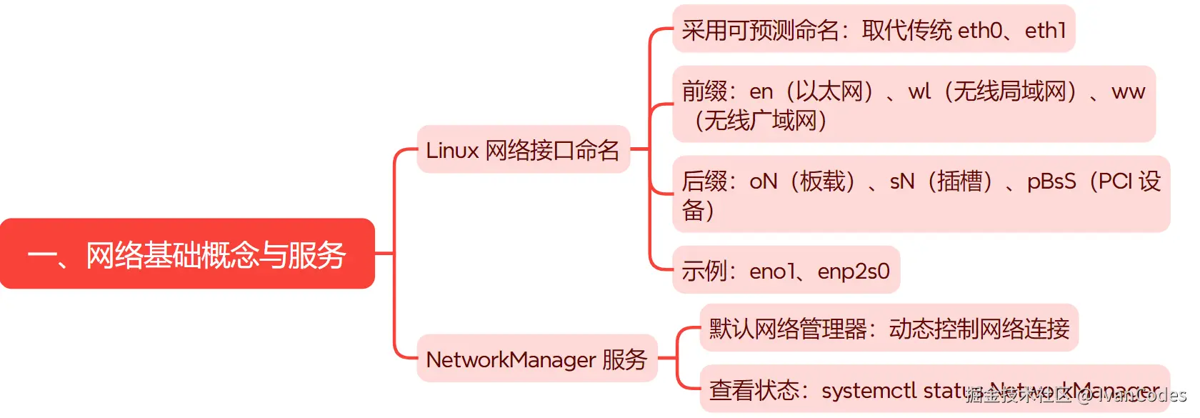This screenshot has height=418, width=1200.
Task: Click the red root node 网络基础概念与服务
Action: click(187, 254)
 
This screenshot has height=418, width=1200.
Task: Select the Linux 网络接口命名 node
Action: click(523, 150)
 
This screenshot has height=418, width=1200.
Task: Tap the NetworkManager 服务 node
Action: click(536, 359)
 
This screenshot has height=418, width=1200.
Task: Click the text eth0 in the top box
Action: click(979, 30)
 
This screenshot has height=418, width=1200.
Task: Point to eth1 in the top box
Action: click(1045, 30)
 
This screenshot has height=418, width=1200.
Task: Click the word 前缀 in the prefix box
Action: click(704, 91)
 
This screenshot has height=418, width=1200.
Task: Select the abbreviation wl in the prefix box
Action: click(919, 91)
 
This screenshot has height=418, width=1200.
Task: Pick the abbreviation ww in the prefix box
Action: click(1128, 91)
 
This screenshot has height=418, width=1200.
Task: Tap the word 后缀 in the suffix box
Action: click(704, 181)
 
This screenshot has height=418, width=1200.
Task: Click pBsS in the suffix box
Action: click(1051, 181)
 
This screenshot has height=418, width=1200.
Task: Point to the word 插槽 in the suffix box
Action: click(959, 181)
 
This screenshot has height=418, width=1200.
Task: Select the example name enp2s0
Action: click(854, 271)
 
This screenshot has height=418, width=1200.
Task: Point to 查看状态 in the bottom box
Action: click(754, 390)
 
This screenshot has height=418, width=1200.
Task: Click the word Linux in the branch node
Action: click(451, 150)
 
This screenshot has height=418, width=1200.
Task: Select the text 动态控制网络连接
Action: click(979, 329)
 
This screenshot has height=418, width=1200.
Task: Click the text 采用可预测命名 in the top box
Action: click(760, 30)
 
